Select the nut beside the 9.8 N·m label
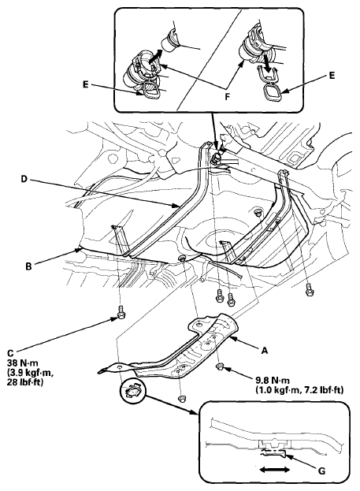pyautogui.click(x=221, y=366)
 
